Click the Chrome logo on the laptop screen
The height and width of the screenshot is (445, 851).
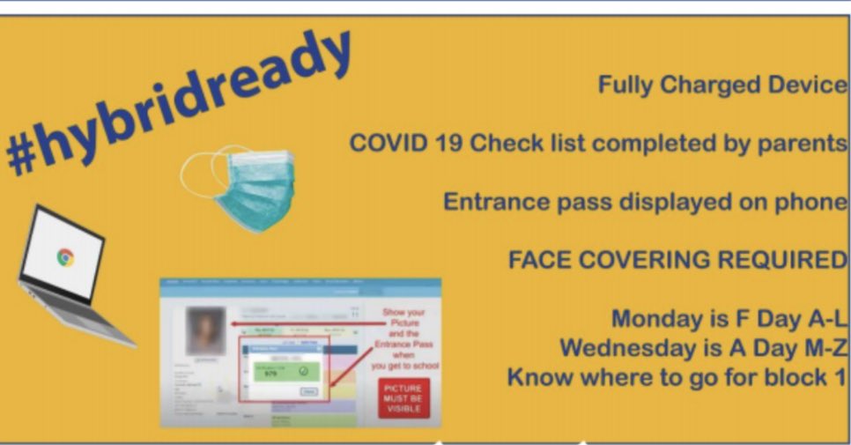point(64,257)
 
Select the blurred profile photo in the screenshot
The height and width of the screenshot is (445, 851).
point(205,331)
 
